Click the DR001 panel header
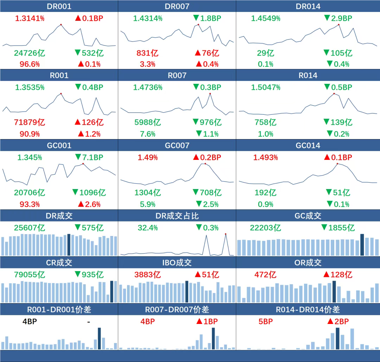59,6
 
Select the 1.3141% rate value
30,19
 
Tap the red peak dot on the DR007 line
198,25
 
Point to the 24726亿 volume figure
30,53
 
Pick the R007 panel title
177,75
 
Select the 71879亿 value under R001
30,123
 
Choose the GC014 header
308,145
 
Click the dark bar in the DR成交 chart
69,245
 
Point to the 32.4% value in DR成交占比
148,228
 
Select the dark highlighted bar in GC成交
362,245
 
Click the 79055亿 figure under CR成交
30,275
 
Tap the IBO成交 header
177,263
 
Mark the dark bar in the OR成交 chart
334,292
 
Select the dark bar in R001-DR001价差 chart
99,338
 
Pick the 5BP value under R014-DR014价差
266,322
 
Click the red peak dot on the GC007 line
205,163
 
